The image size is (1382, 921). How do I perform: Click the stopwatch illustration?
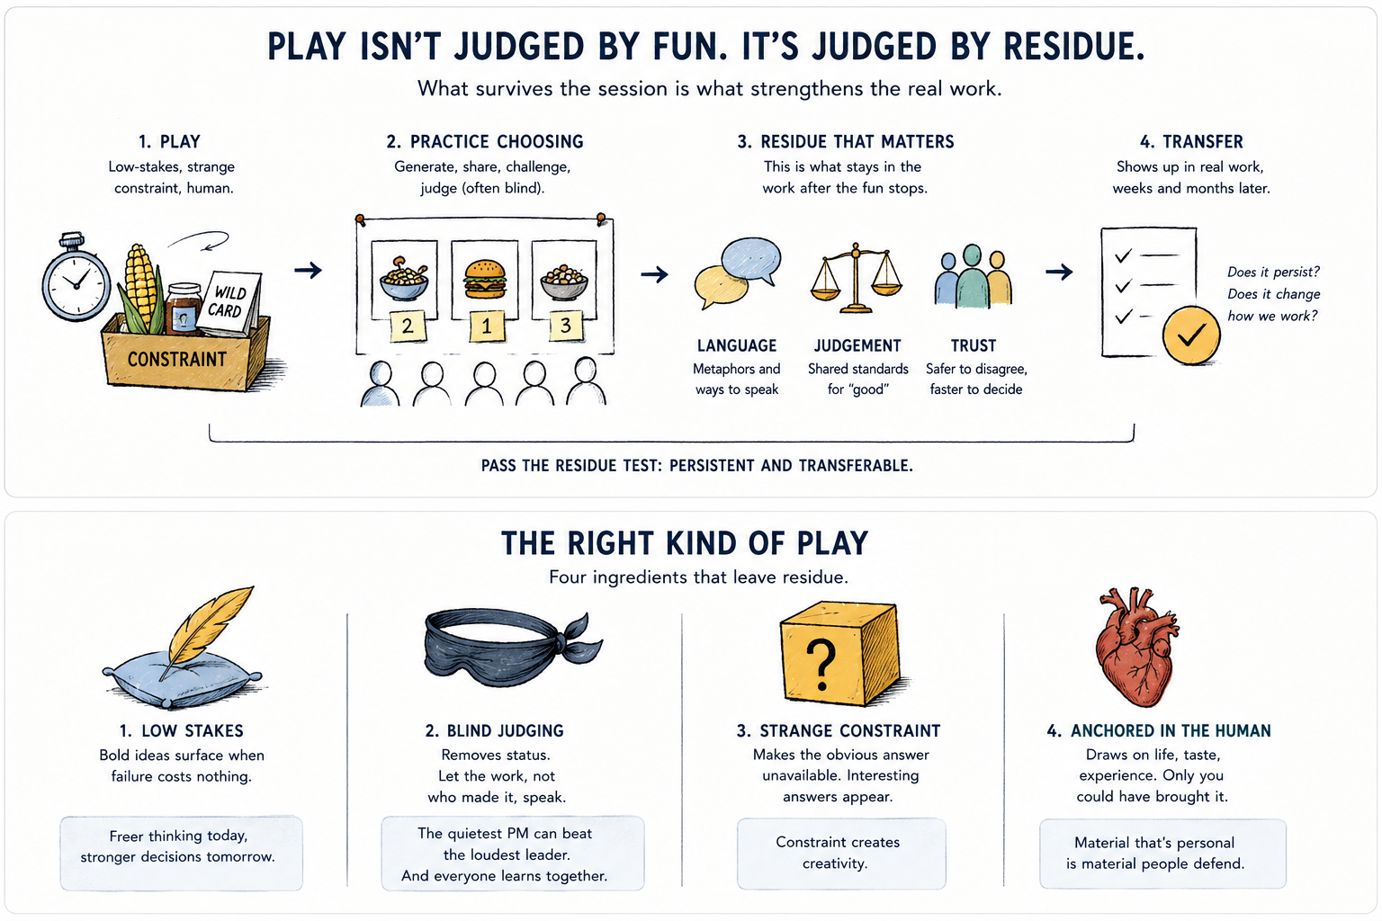[x=76, y=278]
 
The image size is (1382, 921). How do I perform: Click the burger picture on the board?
[x=485, y=280]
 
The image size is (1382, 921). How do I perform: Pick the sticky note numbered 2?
[x=408, y=326]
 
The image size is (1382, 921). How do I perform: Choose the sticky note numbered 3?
[x=566, y=326]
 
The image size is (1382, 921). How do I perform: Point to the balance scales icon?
[x=856, y=278]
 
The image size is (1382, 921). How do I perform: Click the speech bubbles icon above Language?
[x=737, y=273]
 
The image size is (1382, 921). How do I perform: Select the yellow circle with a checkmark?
[x=1190, y=335]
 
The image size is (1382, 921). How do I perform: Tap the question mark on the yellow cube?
[x=821, y=665]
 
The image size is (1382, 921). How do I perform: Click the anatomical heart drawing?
[x=1136, y=647]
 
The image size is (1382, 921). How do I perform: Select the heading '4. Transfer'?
[x=1191, y=142]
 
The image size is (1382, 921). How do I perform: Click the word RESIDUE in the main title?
[x=1072, y=47]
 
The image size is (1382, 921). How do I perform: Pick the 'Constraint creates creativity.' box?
[x=841, y=854]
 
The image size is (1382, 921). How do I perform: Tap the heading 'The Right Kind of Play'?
[x=684, y=543]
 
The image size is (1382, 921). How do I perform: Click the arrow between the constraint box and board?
[x=308, y=270]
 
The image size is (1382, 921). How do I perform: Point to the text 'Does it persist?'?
[x=1273, y=272]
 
